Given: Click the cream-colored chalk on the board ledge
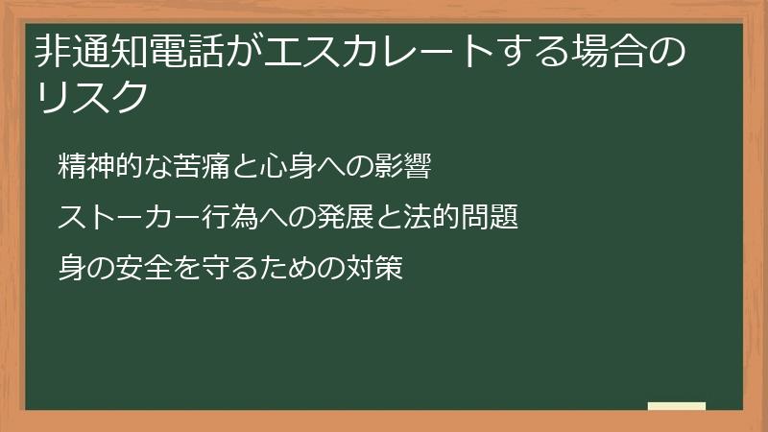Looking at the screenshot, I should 677,406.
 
